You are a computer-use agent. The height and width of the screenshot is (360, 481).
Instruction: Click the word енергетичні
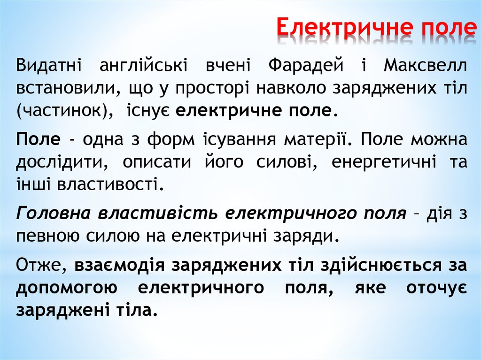coord(385,162)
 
